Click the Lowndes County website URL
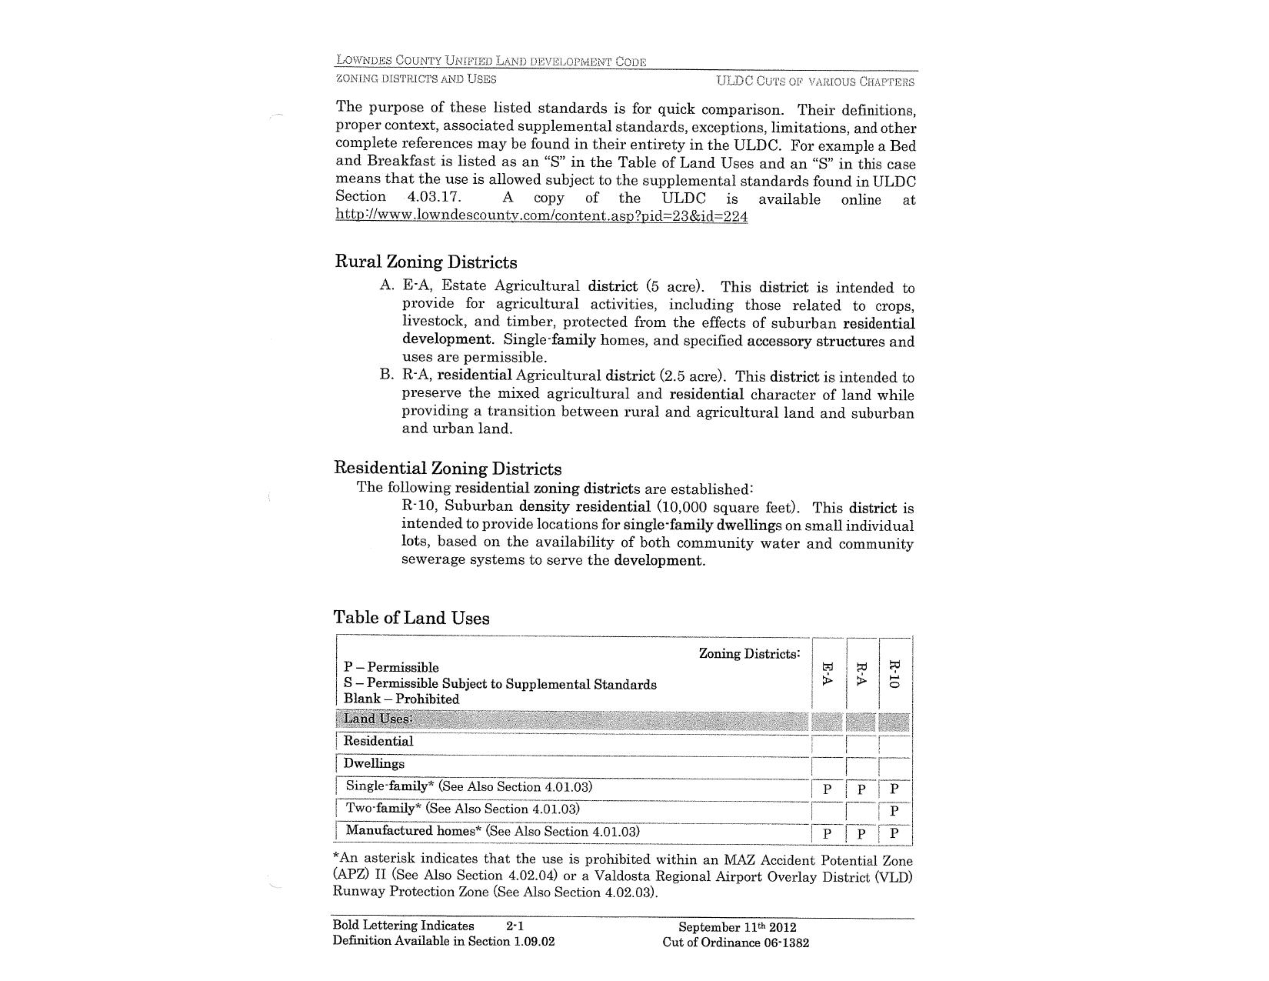coord(541,216)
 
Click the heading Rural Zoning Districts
coord(426,262)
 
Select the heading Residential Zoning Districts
coord(448,468)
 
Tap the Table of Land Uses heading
coord(411,618)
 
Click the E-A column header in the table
coord(828,675)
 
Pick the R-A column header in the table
coord(861,675)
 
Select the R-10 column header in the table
coord(894,675)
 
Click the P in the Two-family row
coord(894,811)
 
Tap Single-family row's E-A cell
coord(828,789)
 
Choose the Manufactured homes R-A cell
coord(861,833)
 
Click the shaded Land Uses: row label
coord(378,719)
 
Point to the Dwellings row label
coord(374,763)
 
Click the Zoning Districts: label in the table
coord(749,654)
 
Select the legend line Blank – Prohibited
coord(401,699)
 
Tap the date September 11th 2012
coord(737,927)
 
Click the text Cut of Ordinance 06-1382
coord(735,943)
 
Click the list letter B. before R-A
coord(386,375)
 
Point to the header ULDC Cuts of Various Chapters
coord(815,81)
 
